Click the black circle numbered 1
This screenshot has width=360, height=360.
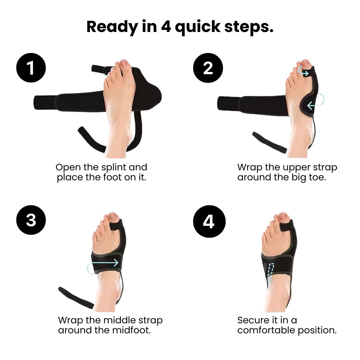(x=31, y=68)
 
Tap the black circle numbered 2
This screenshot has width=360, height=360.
(x=208, y=68)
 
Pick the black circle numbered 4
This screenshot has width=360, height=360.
(x=209, y=221)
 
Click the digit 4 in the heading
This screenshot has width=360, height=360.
(x=166, y=27)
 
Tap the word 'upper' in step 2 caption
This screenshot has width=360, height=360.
(x=297, y=167)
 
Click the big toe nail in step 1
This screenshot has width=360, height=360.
(x=123, y=63)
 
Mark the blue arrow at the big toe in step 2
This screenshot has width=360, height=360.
(x=303, y=71)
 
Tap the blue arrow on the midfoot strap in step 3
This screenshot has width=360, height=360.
(x=103, y=263)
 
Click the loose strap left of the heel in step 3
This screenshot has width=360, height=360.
(x=76, y=298)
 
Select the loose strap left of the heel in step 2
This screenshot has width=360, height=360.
(x=269, y=142)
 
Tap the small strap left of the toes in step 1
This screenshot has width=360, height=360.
(x=99, y=69)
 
